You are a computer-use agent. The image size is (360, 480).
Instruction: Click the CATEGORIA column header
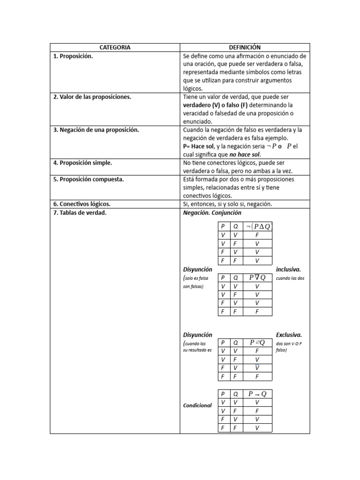pyautogui.click(x=115, y=47)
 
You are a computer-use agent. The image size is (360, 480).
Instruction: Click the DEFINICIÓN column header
pyautogui.click(x=245, y=47)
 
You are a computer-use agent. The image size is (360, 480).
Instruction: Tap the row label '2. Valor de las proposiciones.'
pyautogui.click(x=92, y=97)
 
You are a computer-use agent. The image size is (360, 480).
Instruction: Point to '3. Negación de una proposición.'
pyautogui.click(x=96, y=130)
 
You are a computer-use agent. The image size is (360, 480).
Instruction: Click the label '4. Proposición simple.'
pyautogui.click(x=82, y=163)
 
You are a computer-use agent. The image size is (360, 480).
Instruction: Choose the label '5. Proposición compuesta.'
pyautogui.click(x=89, y=179)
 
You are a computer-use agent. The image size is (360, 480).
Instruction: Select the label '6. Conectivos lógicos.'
pyautogui.click(x=82, y=204)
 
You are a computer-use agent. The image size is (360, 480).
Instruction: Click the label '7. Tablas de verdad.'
pyautogui.click(x=80, y=212)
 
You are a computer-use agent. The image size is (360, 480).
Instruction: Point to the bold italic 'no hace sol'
pyautogui.click(x=245, y=155)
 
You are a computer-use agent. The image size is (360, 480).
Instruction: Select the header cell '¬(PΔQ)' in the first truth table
pyautogui.click(x=257, y=226)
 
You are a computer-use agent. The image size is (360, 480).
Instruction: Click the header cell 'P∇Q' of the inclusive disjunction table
pyautogui.click(x=257, y=277)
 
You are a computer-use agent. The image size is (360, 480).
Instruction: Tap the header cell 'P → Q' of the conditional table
pyautogui.click(x=257, y=394)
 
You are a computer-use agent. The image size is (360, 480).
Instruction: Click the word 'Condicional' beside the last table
pyautogui.click(x=197, y=405)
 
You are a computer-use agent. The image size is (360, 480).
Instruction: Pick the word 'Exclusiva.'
pyautogui.click(x=289, y=335)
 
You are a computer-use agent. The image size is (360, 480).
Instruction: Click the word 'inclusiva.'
pyautogui.click(x=288, y=270)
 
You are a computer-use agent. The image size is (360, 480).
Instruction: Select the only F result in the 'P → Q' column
pyautogui.click(x=257, y=411)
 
